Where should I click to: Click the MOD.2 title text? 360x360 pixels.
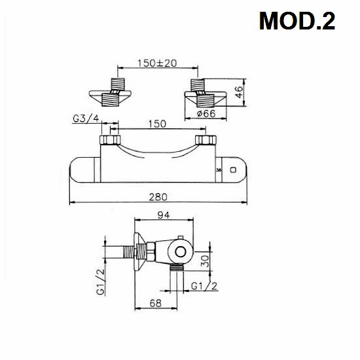297,22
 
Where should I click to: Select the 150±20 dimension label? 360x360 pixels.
157,63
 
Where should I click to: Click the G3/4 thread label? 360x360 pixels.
85,119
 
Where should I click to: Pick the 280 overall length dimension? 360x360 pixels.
157,196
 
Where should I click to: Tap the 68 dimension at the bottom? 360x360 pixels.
156,302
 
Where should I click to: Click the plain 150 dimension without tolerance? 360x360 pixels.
157,124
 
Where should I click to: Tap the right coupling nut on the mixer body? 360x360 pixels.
207,141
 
